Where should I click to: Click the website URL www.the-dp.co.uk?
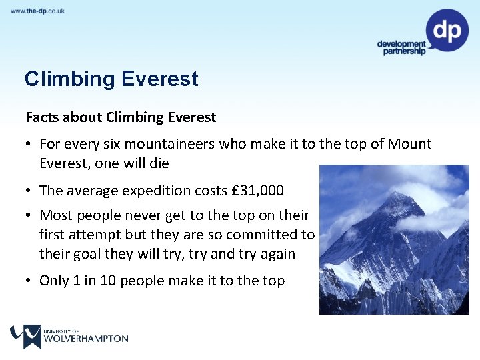click(37, 11)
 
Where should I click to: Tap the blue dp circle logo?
click(447, 30)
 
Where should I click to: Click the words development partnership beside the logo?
click(401, 47)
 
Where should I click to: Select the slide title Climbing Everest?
click(111, 79)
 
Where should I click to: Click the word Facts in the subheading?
click(42, 117)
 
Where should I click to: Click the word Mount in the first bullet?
click(409, 144)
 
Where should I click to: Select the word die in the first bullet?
click(159, 163)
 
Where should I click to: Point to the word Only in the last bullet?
click(54, 281)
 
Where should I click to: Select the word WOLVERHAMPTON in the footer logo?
click(85, 339)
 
